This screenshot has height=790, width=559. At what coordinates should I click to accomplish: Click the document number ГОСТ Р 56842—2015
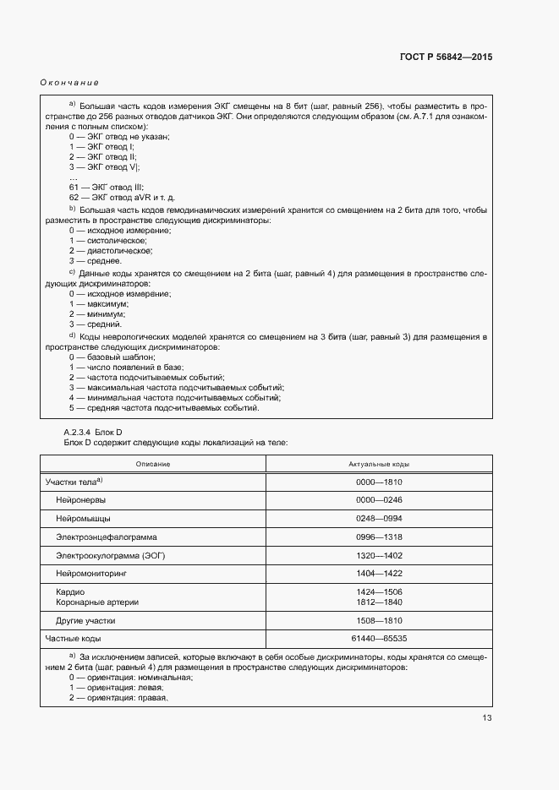(446, 57)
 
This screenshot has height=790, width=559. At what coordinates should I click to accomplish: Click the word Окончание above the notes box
(69, 82)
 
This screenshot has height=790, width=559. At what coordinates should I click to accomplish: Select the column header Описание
(153, 465)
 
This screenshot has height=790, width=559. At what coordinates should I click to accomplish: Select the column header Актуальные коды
(379, 465)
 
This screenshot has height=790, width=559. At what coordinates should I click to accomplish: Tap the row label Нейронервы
(81, 500)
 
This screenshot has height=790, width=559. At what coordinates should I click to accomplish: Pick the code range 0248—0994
(380, 519)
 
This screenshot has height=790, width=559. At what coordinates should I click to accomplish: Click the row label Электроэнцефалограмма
(107, 537)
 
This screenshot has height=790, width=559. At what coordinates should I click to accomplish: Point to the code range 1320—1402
(380, 555)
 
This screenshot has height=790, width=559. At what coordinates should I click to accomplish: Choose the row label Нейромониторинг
(90, 574)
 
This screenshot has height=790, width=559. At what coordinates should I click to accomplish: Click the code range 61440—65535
(380, 639)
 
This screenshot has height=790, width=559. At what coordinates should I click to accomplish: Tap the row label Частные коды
(74, 639)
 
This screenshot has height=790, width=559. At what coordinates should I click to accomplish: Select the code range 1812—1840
(380, 602)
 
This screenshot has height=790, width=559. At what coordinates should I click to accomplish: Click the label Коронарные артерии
(97, 602)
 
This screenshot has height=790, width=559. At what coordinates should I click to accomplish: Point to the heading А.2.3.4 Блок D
(93, 432)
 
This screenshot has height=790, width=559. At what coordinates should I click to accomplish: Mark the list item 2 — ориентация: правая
(118, 698)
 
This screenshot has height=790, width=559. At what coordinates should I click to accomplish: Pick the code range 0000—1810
(380, 482)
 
